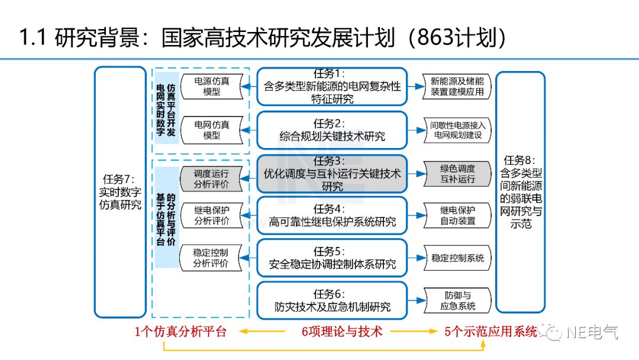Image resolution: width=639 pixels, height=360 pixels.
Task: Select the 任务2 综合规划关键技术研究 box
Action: point(332,130)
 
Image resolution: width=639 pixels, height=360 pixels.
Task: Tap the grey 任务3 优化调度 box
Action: point(332,173)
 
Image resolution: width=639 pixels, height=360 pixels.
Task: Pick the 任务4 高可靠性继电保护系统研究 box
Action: point(332,216)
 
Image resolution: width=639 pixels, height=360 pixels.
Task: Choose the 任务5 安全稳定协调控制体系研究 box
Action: point(332,258)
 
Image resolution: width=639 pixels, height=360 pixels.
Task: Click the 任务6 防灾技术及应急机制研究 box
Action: point(332,300)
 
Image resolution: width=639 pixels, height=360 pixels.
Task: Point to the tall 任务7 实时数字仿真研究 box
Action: point(120,192)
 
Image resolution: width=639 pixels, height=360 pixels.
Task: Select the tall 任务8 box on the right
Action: point(520,192)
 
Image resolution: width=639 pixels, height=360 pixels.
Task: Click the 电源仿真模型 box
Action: point(211,86)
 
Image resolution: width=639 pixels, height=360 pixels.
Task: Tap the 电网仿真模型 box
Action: point(211,130)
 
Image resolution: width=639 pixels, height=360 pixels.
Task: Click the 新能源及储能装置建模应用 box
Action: point(457,86)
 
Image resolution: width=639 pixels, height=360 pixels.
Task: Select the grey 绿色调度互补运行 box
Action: point(457,173)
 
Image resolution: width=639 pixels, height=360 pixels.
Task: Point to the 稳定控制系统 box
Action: point(457,258)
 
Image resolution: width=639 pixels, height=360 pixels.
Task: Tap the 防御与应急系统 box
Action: point(457,300)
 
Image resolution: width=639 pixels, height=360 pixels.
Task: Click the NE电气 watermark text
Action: point(592,332)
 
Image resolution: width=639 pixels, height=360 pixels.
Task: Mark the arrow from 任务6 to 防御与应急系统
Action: point(417,300)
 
